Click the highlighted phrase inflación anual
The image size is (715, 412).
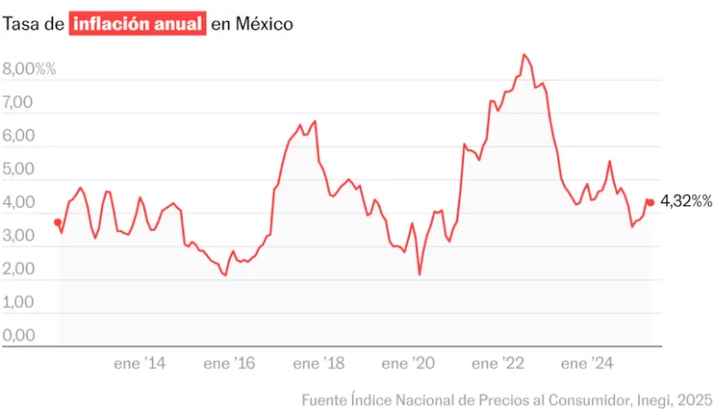click(x=137, y=24)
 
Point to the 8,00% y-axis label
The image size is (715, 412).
click(x=29, y=69)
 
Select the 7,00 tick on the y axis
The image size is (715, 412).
click(x=18, y=103)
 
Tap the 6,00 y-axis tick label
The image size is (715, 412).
click(x=18, y=136)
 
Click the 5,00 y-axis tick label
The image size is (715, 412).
click(x=18, y=169)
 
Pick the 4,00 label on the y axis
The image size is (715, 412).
click(x=18, y=202)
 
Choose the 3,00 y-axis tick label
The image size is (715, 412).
click(x=18, y=235)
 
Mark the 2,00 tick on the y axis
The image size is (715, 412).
click(x=18, y=269)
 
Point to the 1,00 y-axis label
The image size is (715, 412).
click(x=18, y=302)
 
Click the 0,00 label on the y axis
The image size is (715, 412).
click(x=18, y=335)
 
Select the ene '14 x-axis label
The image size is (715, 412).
click(x=140, y=363)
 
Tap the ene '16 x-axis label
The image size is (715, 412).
click(x=229, y=363)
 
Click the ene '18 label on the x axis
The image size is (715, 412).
click(x=319, y=363)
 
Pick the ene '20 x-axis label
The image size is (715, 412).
click(x=409, y=363)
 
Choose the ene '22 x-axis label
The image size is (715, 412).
click(x=499, y=363)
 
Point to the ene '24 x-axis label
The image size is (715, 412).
click(x=588, y=363)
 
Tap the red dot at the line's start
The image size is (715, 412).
click(x=58, y=222)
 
